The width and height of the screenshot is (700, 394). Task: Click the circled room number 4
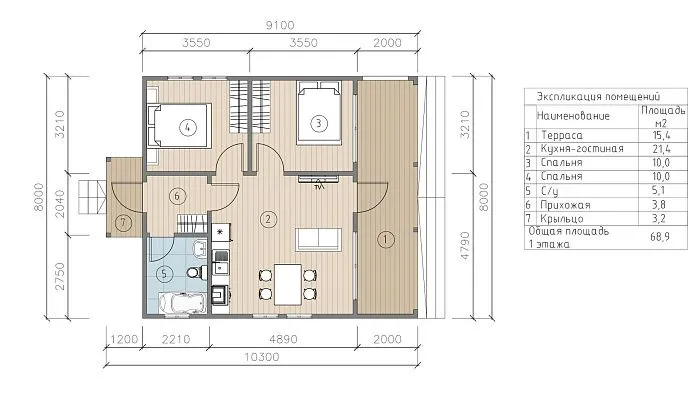188,128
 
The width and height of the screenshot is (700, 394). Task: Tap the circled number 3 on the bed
318,123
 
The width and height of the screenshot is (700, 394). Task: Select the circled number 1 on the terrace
386,240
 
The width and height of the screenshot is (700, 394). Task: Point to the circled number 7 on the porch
123,222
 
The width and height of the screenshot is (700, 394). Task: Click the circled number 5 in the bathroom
164,273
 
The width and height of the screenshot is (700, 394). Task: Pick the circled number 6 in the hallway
177,196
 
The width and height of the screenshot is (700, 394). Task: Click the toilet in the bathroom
195,271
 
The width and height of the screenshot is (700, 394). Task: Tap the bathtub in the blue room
183,303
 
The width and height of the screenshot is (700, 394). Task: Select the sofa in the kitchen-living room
318,239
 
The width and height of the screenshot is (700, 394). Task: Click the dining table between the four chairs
288,284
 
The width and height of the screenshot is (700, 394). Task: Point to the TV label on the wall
319,187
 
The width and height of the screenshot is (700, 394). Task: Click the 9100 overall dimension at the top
280,25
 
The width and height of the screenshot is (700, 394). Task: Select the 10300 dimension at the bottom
262,357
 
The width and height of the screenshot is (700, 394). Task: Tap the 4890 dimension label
283,339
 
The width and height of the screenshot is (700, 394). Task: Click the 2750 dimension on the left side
59,276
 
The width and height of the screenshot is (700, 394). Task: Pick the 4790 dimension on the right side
465,245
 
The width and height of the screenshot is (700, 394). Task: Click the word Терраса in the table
562,135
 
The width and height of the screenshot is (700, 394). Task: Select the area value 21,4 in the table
661,149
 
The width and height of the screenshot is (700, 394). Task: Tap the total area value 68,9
660,236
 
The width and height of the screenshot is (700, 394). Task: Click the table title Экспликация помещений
598,96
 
